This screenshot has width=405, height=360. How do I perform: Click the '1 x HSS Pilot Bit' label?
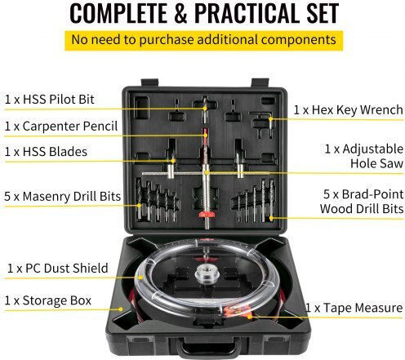pyautogui.click(x=50, y=100)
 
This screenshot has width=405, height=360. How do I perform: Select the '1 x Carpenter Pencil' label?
pyautogui.click(x=61, y=127)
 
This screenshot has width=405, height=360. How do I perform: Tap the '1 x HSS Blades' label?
pyautogui.click(x=46, y=152)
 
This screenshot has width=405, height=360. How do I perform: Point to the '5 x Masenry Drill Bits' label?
pyautogui.click(x=62, y=196)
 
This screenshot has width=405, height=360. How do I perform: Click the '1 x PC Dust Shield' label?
pyautogui.click(x=58, y=269)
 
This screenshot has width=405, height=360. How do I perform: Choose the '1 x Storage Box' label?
pyautogui.click(x=48, y=300)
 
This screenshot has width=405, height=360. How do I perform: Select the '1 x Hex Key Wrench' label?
pyautogui.click(x=348, y=110)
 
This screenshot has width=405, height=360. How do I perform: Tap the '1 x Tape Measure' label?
pyautogui.click(x=354, y=308)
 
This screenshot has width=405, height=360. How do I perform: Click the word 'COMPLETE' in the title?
pyautogui.click(x=118, y=13)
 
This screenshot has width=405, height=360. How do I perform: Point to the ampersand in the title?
pyautogui.click(x=180, y=13)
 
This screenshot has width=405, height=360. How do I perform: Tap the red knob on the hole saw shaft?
pyautogui.click(x=207, y=215)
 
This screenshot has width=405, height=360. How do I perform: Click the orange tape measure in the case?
pyautogui.click(x=238, y=311)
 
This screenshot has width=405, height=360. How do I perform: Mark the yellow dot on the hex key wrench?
pyautogui.click(x=270, y=119)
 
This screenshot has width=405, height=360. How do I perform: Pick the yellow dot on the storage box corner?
pyautogui.click(x=120, y=309)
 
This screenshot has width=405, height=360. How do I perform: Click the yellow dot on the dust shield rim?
pyautogui.click(x=140, y=278)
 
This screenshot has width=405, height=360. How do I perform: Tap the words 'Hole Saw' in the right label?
pyautogui.click(x=376, y=163)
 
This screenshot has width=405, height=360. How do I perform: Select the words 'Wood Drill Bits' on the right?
pyautogui.click(x=362, y=209)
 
